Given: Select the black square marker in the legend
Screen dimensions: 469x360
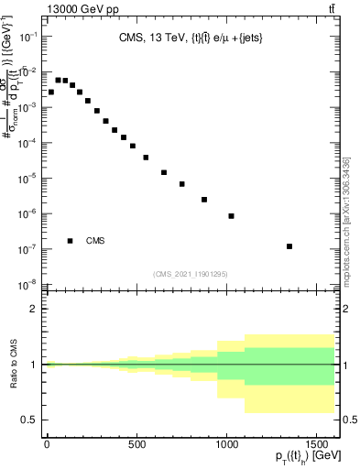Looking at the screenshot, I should pos(71,241).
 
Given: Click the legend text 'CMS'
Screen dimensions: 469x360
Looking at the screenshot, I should pos(96,241).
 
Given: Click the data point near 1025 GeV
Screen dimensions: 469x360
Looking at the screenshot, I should pos(231,216).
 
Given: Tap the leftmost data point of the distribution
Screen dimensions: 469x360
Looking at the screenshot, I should pos(51,93).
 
